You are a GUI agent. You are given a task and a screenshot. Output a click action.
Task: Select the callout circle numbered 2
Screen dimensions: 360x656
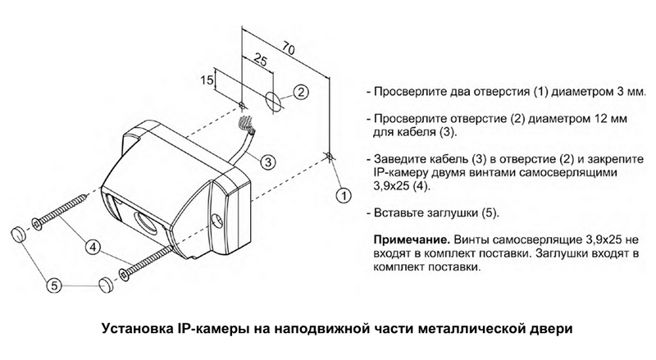tap(301, 91)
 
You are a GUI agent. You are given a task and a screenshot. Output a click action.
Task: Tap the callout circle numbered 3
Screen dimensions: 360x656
tap(266, 162)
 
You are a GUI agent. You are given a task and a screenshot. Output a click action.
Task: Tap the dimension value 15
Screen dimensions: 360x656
tap(207, 80)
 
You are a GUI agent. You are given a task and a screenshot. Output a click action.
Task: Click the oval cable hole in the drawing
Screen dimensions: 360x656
tap(273, 103)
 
